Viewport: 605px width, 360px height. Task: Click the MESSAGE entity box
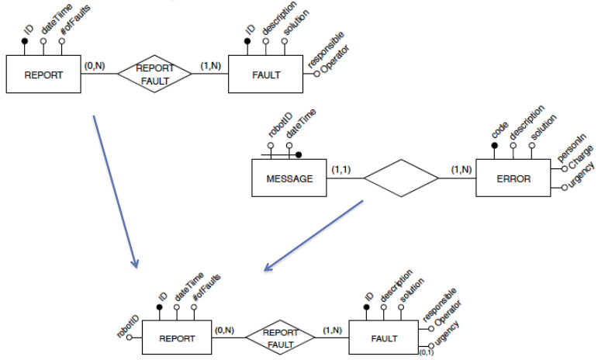coord(289,178)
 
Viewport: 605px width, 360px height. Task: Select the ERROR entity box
coord(513,178)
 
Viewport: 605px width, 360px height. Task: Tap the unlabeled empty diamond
coord(401,179)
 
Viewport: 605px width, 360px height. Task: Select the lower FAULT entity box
coord(384,338)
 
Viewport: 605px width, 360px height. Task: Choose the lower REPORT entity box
coord(177,338)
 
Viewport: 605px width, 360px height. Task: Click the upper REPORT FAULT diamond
coord(154,74)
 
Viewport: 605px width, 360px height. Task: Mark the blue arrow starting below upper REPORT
coord(115,191)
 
